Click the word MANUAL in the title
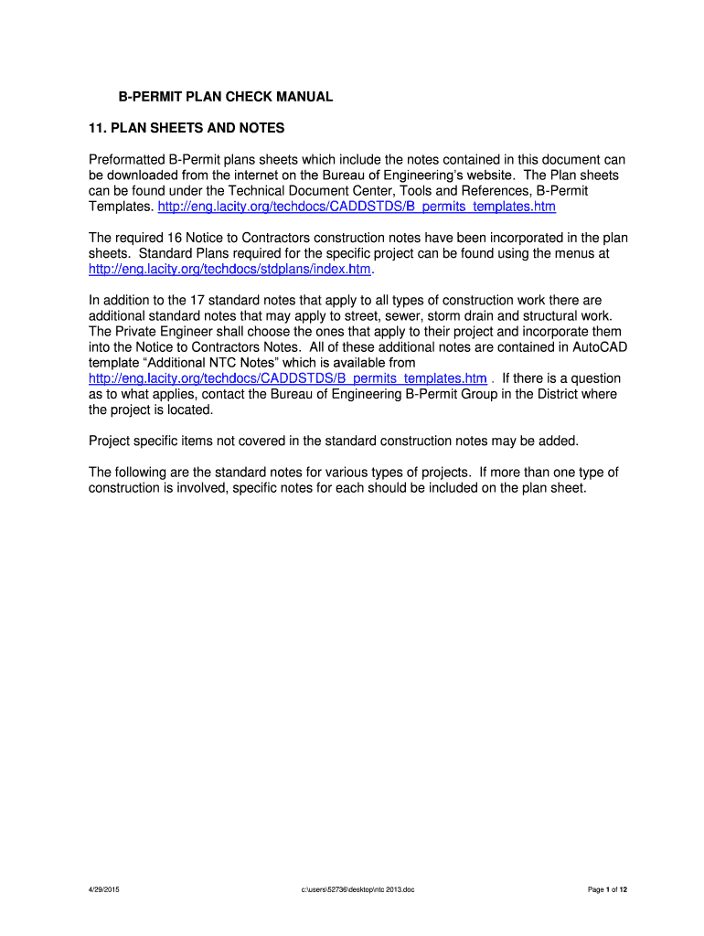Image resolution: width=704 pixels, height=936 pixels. click(x=304, y=96)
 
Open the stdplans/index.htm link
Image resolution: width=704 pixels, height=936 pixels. click(x=230, y=270)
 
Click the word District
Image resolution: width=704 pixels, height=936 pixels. click(x=547, y=394)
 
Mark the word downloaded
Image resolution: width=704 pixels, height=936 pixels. click(x=146, y=175)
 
